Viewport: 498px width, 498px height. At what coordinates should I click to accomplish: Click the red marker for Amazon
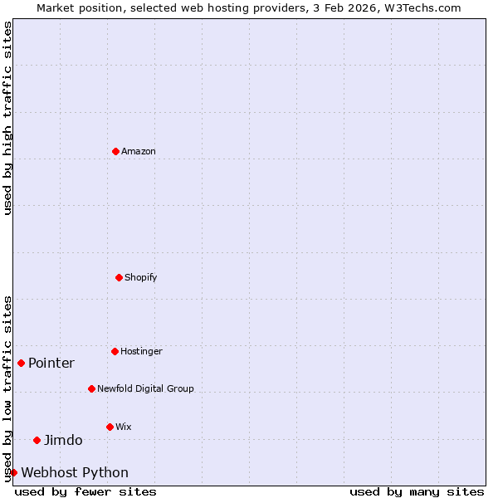115,151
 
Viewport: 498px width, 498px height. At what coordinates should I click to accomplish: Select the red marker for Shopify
119,277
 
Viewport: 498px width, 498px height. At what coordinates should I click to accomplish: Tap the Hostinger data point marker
115,351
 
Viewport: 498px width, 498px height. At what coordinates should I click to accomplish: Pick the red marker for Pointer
21,363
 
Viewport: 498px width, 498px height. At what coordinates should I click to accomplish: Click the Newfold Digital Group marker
91,388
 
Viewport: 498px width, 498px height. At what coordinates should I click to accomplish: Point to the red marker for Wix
110,427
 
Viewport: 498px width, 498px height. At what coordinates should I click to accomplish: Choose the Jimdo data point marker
37,440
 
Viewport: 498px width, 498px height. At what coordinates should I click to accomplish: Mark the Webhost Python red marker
13,472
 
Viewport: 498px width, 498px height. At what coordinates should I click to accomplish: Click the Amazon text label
139,152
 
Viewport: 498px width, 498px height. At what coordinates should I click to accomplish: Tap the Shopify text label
141,278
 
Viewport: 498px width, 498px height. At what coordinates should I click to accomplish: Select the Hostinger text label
142,352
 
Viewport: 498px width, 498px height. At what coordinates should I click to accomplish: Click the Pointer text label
51,364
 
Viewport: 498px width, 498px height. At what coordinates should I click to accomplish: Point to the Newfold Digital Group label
145,389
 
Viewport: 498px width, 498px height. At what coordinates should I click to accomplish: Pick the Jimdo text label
63,441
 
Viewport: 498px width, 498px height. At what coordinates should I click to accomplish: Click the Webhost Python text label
75,473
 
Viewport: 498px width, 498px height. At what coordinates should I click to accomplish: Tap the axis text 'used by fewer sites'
85,491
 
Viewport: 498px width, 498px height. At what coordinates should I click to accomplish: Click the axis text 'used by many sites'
417,491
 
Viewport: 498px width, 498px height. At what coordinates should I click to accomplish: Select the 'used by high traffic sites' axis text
7,118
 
